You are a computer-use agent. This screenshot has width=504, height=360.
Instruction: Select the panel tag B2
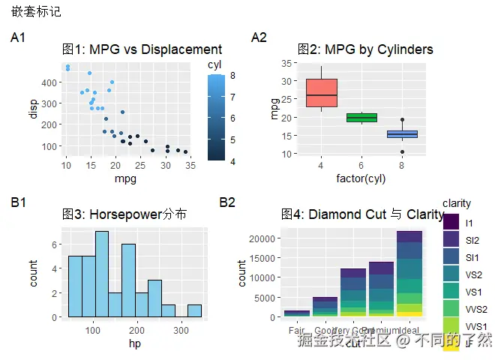point(227,202)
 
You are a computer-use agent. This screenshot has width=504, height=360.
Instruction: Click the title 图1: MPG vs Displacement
point(142,49)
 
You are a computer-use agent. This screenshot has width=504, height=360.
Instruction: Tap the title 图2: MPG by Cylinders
point(365,49)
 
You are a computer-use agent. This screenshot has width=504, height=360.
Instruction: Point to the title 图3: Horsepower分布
point(124,214)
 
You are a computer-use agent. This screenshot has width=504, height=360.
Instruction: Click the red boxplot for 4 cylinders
point(321,93)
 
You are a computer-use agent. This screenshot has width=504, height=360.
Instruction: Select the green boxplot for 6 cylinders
point(361,117)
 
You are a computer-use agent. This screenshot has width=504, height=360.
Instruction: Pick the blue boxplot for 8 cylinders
point(402,134)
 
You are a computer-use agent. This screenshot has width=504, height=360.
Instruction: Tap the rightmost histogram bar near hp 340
point(194,310)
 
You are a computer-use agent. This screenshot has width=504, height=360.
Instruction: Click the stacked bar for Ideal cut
point(409,274)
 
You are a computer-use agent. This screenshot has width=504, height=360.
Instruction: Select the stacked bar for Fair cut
point(296,313)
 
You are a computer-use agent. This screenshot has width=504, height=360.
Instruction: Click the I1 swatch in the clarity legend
point(451,223)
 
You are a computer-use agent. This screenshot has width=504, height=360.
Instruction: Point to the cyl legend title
point(214,65)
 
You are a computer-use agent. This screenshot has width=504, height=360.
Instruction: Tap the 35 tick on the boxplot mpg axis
point(287,64)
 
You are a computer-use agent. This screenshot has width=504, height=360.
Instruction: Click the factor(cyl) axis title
point(361,178)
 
